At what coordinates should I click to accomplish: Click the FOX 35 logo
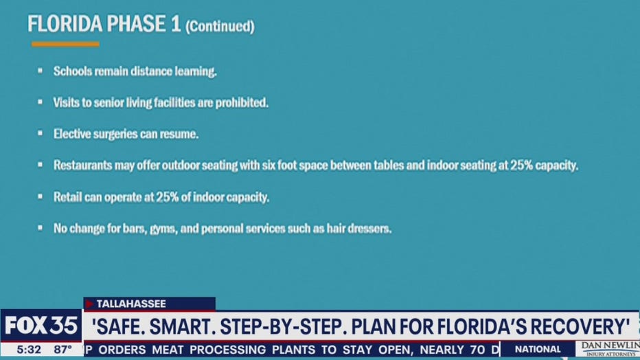pos(41,326)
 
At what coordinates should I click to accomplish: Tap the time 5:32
pos(29,350)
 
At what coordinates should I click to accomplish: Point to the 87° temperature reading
pos(63,350)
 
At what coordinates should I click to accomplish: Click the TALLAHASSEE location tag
pos(131,304)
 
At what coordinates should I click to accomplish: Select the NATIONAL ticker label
pos(538,350)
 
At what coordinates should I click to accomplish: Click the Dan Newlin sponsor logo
pos(609,349)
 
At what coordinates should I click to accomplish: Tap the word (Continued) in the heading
pos(220,27)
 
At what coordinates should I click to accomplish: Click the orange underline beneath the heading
pos(65,44)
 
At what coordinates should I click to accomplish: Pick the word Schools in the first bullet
pos(73,71)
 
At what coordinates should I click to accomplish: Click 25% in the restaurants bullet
pos(521,166)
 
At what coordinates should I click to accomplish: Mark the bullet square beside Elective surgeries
pos(40,133)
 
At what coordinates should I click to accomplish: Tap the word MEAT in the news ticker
pos(168,350)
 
